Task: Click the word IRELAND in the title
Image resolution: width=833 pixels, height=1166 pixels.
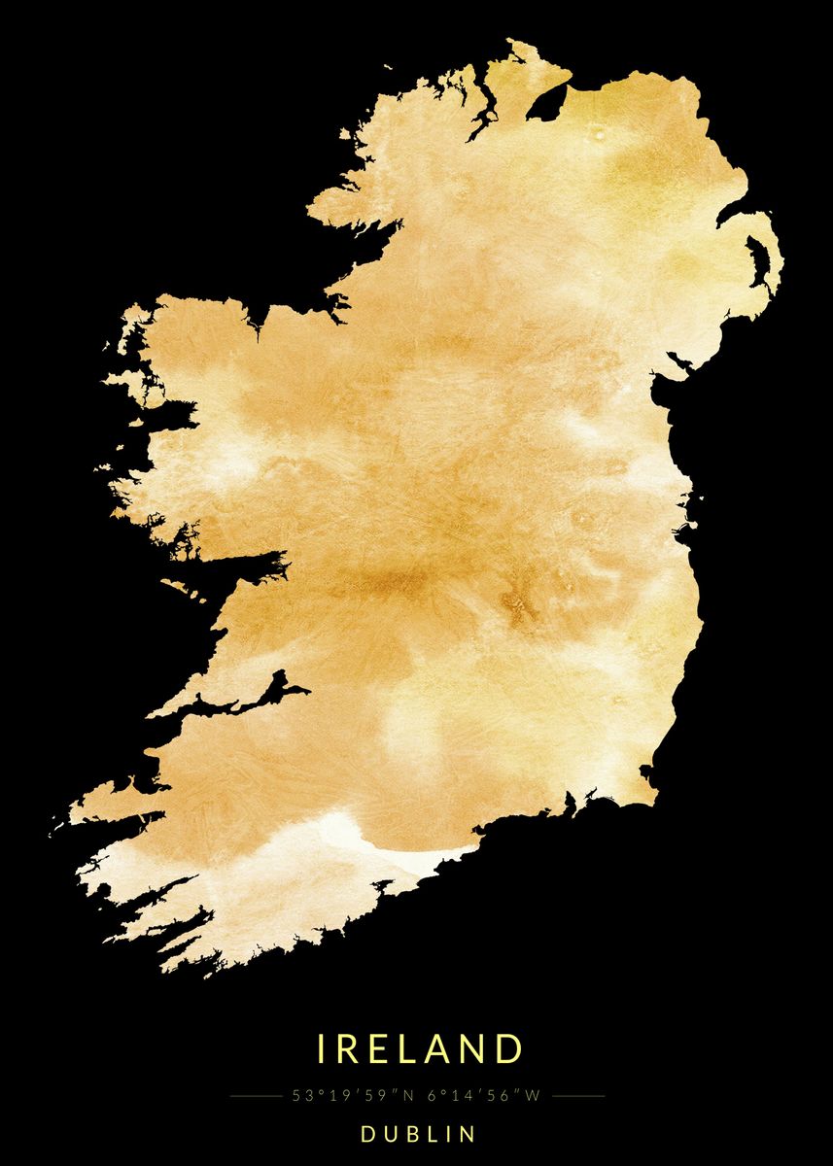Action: [420, 1049]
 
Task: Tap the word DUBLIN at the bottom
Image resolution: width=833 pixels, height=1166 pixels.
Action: [419, 1134]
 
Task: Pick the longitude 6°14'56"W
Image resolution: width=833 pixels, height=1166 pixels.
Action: [483, 1096]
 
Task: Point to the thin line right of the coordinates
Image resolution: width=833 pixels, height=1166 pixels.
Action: [578, 1096]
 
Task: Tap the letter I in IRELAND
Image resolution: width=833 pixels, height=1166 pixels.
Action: [323, 1049]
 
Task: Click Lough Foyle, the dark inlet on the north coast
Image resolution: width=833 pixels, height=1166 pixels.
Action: [549, 100]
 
